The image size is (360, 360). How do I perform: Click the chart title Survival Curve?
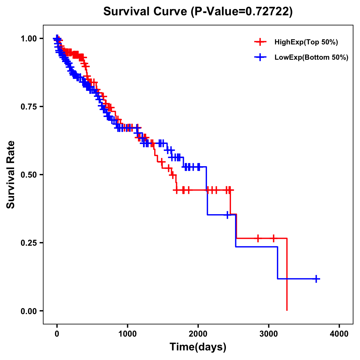(x=145, y=12)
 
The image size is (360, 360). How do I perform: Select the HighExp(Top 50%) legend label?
(x=306, y=42)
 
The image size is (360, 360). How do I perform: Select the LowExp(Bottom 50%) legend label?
(x=311, y=58)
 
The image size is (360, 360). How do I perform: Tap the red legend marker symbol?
(x=260, y=42)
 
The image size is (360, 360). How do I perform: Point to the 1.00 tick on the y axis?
(x=28, y=38)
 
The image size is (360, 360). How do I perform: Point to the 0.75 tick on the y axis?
(x=28, y=106)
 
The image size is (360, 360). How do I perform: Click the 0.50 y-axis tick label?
(x=28, y=175)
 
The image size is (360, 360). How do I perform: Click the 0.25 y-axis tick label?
(x=28, y=243)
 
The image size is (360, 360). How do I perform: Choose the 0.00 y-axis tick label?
(x=28, y=311)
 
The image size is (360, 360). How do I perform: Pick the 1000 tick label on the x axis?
(x=127, y=334)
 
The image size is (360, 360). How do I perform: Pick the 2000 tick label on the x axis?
(x=198, y=334)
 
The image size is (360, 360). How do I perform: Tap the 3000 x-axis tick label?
(x=269, y=334)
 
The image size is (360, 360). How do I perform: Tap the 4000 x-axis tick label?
(x=339, y=334)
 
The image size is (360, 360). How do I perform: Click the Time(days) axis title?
(x=198, y=347)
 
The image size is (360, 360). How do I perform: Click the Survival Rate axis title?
(x=11, y=175)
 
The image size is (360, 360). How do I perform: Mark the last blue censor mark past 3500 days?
(x=316, y=279)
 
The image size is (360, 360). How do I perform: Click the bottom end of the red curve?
(x=287, y=310)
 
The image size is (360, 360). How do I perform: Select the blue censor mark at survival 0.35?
(x=228, y=215)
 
